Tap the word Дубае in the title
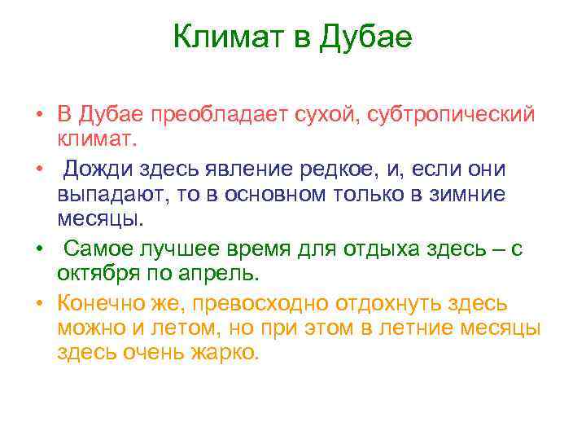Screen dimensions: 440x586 coord(368,37)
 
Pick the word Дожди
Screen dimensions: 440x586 coord(102,169)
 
